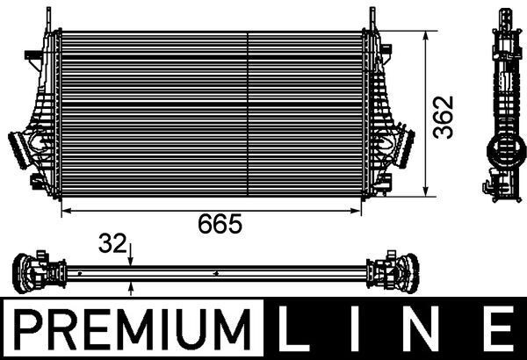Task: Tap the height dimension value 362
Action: pyautogui.click(x=446, y=114)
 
